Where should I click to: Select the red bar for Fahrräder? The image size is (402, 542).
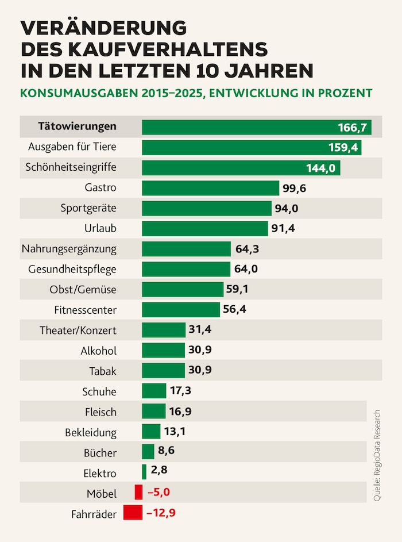coord(133,513)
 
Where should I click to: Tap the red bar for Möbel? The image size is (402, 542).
coord(138,493)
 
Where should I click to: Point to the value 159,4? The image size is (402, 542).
coord(344,148)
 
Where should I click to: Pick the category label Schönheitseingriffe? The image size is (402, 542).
coord(71,167)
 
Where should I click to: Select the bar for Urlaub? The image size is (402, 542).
coord(204,228)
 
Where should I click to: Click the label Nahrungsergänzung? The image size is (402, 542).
coord(69,249)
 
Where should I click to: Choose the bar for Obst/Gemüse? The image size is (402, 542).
coord(183,289)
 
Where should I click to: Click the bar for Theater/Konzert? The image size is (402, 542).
coord(164,330)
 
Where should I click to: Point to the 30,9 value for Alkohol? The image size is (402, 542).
coord(200,350)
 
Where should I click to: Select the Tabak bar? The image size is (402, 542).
coord(163,370)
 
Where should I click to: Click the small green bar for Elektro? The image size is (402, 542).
coord(144,472)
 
